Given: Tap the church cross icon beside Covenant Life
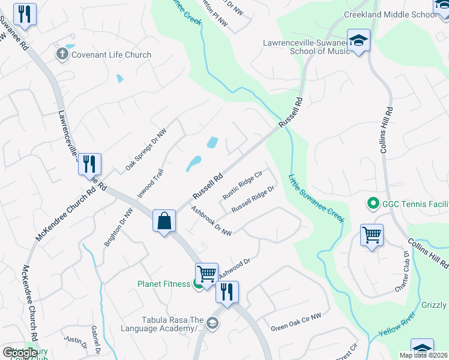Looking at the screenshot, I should point(62,55).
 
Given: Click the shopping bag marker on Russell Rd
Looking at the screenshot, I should point(164,221).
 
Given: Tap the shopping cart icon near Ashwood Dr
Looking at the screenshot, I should point(207,275).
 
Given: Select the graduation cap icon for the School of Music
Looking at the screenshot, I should point(359,41).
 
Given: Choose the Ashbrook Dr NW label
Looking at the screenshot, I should point(211,221).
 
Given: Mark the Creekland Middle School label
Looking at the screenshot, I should point(390,14).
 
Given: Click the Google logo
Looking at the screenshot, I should point(20,352).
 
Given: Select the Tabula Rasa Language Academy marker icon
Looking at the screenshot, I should point(212,324).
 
